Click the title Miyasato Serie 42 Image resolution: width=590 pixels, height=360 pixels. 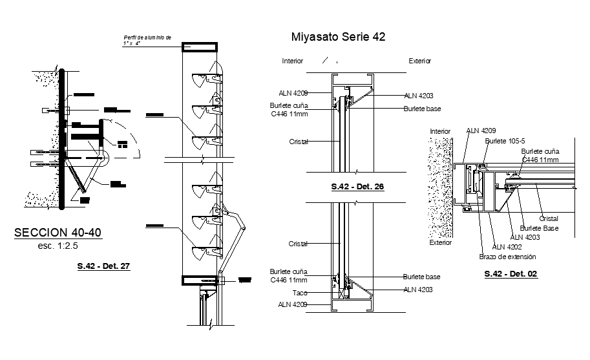tap(339, 37)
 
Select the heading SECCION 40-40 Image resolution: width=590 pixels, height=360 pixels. tap(57, 233)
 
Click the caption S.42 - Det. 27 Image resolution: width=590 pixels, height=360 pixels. tap(103, 266)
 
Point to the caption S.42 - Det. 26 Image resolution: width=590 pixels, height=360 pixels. tap(357, 186)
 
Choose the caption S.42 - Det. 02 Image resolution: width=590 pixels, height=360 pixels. tap(511, 274)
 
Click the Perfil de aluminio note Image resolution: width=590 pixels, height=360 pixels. tap(147, 41)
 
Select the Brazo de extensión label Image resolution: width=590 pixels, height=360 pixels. tap(507, 257)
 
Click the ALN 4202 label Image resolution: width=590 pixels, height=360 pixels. tap(507, 246)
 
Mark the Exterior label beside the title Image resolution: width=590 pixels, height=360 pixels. tap(420, 61)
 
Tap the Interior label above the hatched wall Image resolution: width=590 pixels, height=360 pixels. tap(440, 131)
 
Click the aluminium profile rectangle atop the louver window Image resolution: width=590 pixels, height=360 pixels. tap(202, 47)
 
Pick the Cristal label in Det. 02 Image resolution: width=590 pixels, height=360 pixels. tap(549, 218)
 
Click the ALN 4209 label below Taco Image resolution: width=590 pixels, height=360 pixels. tap(293, 304)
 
